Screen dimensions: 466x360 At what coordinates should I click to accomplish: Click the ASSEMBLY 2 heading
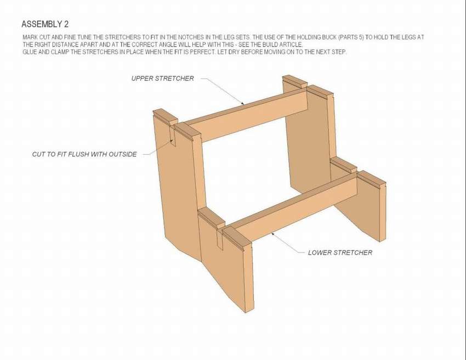[x=45, y=24]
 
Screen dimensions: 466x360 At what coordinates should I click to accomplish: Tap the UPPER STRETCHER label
[x=163, y=78]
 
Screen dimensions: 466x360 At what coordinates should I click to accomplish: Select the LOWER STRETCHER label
[x=340, y=252]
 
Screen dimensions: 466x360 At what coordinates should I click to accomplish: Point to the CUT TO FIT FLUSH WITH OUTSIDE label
[x=84, y=154]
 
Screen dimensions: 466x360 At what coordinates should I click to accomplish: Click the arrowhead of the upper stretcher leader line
[x=242, y=103]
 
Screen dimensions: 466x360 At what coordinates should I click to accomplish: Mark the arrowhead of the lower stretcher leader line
[x=273, y=234]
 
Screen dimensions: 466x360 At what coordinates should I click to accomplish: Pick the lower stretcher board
[x=294, y=209]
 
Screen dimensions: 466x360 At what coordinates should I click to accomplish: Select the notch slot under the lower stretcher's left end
[x=220, y=239]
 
